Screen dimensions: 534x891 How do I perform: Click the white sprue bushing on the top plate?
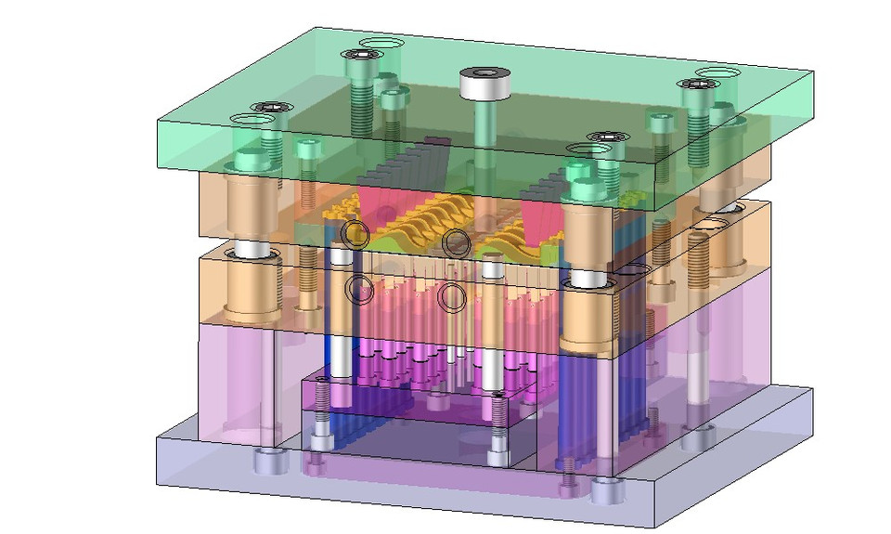(x=485, y=85)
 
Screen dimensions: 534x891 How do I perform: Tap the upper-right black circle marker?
(x=455, y=243)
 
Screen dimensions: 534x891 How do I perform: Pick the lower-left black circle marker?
(x=359, y=289)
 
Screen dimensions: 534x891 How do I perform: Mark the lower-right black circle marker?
(x=452, y=297)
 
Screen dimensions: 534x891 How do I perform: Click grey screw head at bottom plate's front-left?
(x=271, y=460)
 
